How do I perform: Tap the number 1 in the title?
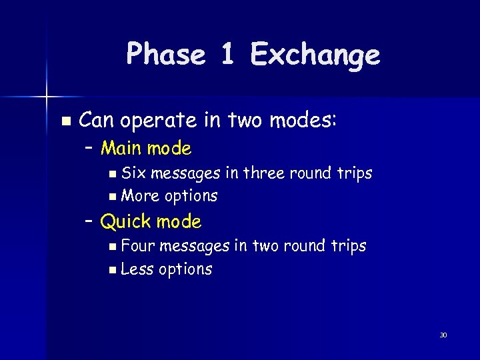tap(228, 54)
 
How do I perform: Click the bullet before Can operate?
tap(65, 121)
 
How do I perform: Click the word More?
tap(140, 196)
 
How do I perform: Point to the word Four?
tap(138, 246)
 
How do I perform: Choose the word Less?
tap(137, 269)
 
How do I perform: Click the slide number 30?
tap(443, 335)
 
